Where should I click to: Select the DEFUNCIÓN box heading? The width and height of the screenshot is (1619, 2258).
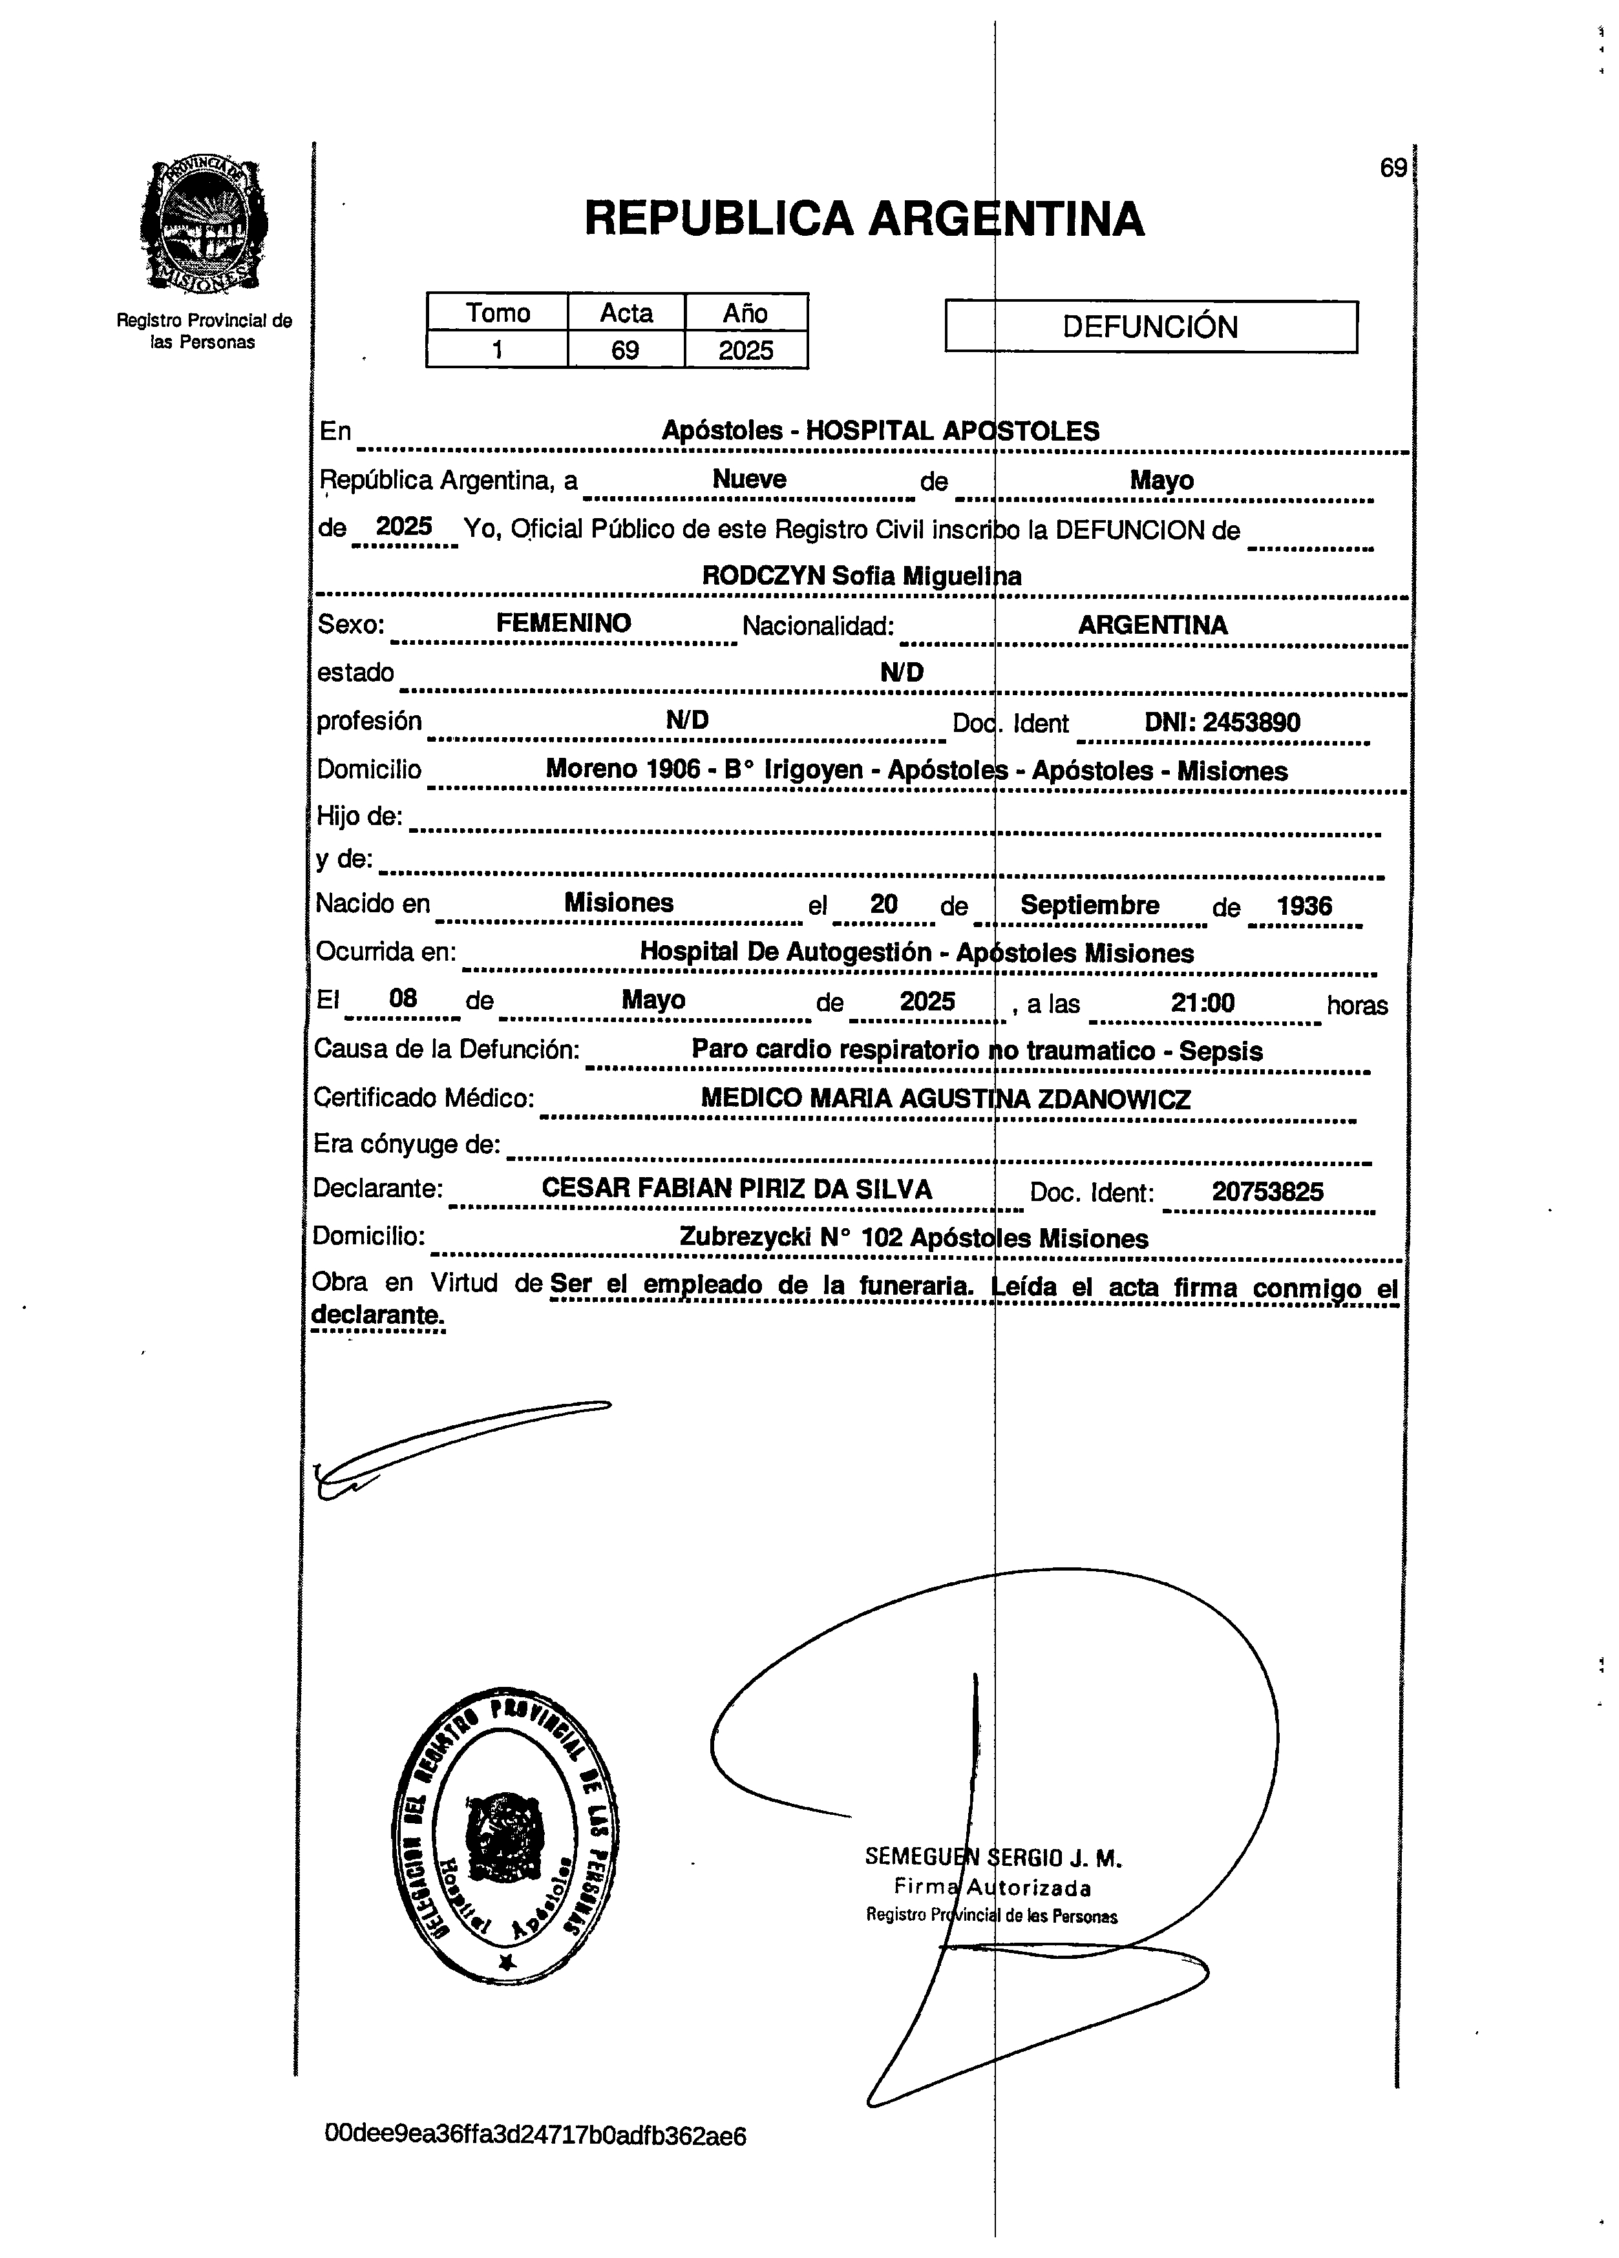pyautogui.click(x=1149, y=326)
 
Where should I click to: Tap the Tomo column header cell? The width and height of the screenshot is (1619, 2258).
pyautogui.click(x=497, y=313)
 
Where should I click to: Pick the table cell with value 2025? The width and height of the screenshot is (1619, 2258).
pyautogui.click(x=746, y=350)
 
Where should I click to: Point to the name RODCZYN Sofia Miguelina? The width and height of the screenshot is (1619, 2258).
pyautogui.click(x=862, y=576)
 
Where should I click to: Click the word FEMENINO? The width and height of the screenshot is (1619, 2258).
pyautogui.click(x=564, y=623)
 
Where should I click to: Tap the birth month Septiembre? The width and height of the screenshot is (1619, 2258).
pyautogui.click(x=1089, y=905)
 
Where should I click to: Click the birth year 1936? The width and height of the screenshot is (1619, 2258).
pyautogui.click(x=1304, y=906)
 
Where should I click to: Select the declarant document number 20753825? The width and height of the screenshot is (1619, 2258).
pyautogui.click(x=1267, y=1192)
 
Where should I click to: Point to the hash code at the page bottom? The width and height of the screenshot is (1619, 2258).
pyautogui.click(x=534, y=2135)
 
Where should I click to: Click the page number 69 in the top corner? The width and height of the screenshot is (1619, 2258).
pyautogui.click(x=1392, y=168)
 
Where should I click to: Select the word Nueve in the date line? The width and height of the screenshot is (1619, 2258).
pyautogui.click(x=749, y=479)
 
